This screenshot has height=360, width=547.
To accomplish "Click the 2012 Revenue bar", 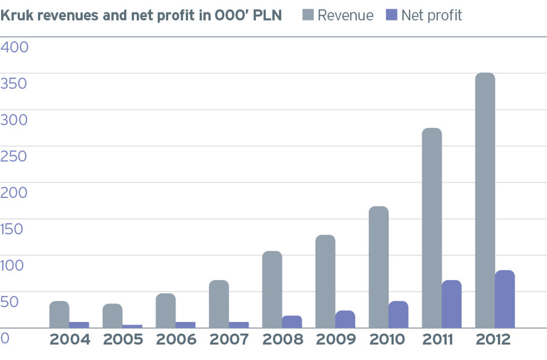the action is click(x=485, y=200).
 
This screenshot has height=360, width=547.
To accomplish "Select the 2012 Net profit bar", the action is click(x=505, y=299).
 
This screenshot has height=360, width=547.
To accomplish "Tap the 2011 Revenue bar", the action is click(x=432, y=228).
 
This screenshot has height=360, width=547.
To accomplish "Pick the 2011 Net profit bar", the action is click(x=452, y=304).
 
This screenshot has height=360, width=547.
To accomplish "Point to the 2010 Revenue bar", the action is click(x=378, y=267).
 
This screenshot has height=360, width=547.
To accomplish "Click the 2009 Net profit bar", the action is click(x=345, y=319).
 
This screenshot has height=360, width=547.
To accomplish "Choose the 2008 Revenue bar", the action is click(x=272, y=289).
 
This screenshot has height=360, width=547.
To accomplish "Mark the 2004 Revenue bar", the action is click(x=59, y=314).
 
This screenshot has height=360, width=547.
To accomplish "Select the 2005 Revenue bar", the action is click(x=113, y=316).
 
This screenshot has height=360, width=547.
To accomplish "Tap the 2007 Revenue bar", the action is click(x=219, y=304).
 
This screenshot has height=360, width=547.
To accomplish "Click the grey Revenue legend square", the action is click(x=308, y=15).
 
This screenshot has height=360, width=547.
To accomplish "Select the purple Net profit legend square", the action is click(x=392, y=15).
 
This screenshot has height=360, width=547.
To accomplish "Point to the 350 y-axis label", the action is click(x=13, y=84).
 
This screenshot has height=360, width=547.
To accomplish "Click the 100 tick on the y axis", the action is click(x=12, y=265).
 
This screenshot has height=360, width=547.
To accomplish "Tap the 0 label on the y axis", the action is click(x=5, y=338).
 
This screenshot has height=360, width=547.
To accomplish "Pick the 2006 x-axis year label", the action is click(x=176, y=340).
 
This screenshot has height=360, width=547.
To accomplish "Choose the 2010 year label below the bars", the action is click(x=387, y=340).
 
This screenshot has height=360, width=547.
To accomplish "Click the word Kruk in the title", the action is click(x=17, y=16).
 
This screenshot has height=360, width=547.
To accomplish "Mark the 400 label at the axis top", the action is click(x=14, y=47).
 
